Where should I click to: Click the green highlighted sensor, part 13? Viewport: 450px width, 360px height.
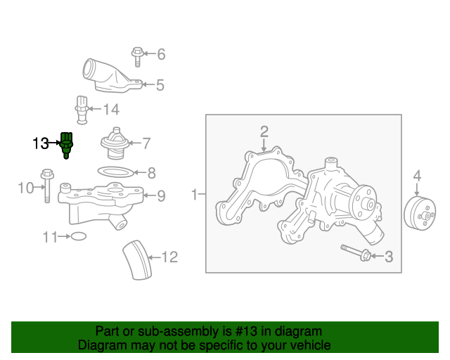pyautogui.click(x=66, y=146)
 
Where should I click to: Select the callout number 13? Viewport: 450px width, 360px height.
pyautogui.click(x=41, y=143)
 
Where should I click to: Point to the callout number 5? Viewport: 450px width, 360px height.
pyautogui.click(x=160, y=85)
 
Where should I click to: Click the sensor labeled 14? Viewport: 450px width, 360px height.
pyautogui.click(x=82, y=110)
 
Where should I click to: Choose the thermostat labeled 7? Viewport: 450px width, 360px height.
pyautogui.click(x=115, y=143)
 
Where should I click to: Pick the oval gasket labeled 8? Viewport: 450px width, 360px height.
pyautogui.click(x=115, y=172)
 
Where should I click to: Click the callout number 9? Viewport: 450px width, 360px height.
pyautogui.click(x=161, y=195)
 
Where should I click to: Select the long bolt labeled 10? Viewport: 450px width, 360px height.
pyautogui.click(x=47, y=186)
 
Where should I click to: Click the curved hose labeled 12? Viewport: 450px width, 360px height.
pyautogui.click(x=138, y=260)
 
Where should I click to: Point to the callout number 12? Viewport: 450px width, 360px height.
pyautogui.click(x=170, y=257)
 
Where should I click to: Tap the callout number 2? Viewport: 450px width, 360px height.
pyautogui.click(x=264, y=131)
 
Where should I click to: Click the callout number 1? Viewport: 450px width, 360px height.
pyautogui.click(x=195, y=194)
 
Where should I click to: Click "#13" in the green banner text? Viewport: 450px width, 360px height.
pyautogui.click(x=246, y=331)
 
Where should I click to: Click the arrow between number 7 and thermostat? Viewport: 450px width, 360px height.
pyautogui.click(x=135, y=143)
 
